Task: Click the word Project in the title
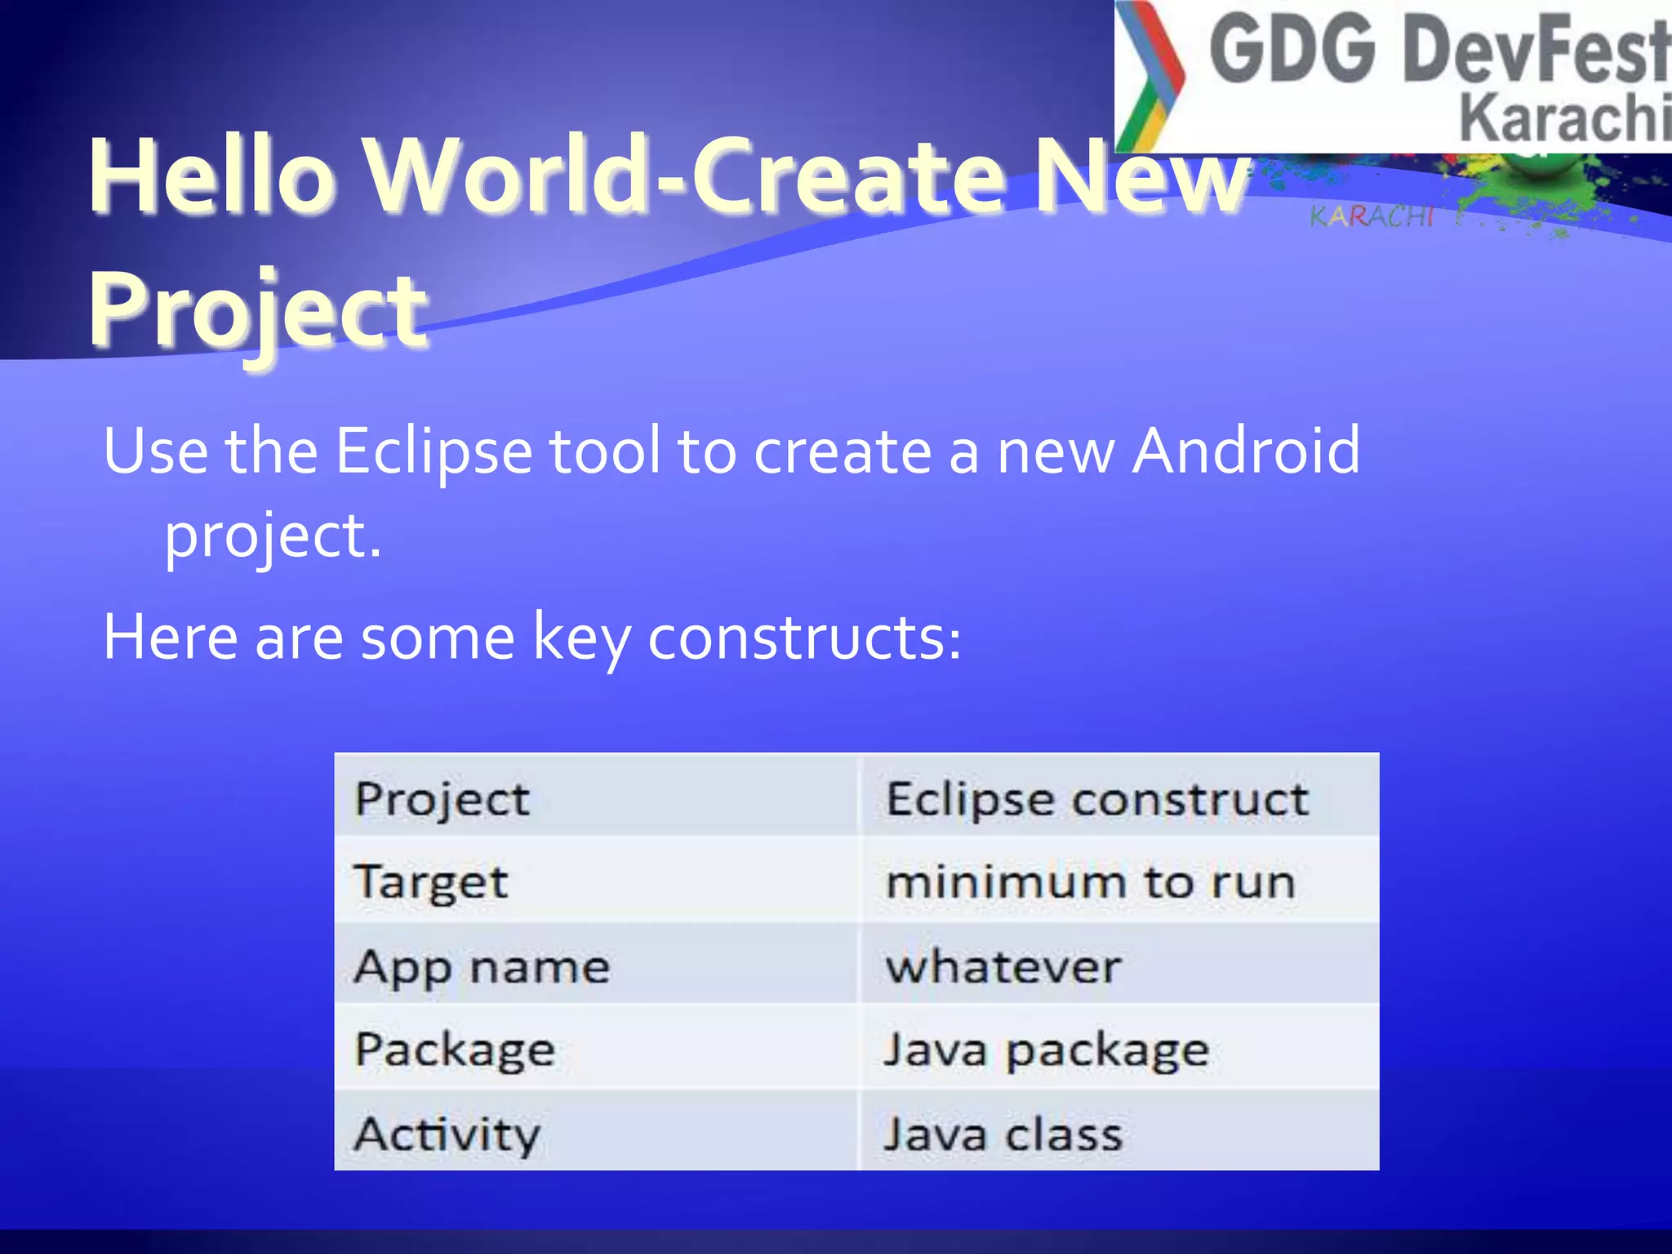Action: tap(257, 310)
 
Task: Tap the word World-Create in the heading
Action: tap(684, 176)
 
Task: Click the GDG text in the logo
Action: tap(1292, 51)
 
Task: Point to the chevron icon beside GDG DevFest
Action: tap(1149, 78)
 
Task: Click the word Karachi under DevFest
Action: tap(1563, 118)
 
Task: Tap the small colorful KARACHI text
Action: tap(1372, 216)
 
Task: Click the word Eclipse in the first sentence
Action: tap(434, 451)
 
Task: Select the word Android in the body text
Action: tap(1247, 451)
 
